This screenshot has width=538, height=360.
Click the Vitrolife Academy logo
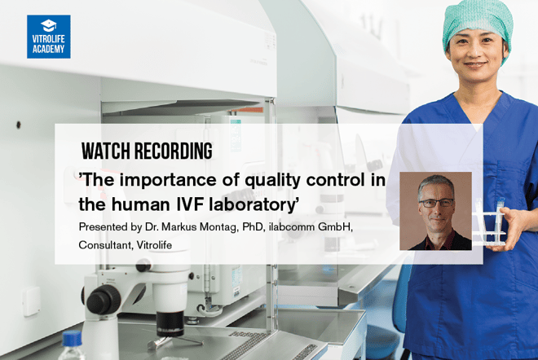point(49,37)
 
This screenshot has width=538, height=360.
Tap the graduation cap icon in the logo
point(49,25)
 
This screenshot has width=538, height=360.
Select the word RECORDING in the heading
point(174,151)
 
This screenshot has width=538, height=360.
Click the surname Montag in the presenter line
point(218,228)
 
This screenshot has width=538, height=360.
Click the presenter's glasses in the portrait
point(436,203)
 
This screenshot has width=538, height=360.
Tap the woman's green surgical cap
point(478,26)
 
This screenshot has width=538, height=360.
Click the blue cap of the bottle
point(72,339)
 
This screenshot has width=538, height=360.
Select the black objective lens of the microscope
point(170,323)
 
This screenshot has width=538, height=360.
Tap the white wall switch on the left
point(32,301)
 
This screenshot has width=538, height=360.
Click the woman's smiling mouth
point(475,64)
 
